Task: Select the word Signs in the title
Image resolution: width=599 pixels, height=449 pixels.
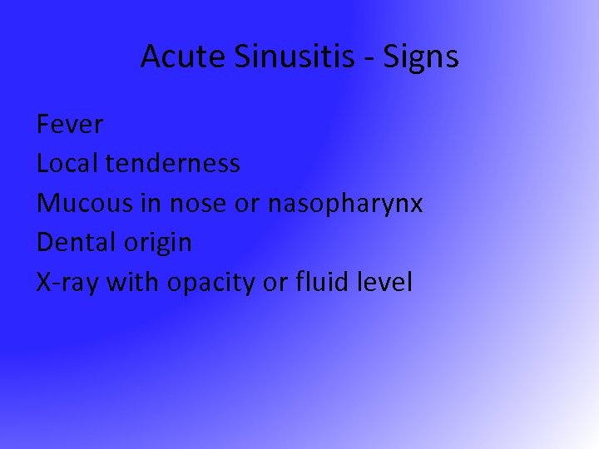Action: point(422,57)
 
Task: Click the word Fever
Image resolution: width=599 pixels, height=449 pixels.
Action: point(70,125)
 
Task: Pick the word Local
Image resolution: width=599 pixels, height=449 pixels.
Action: point(67,164)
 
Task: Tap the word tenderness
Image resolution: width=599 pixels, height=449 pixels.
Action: point(173,164)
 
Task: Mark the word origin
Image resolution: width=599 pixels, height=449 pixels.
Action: point(159,243)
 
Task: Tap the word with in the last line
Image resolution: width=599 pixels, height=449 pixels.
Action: point(136,283)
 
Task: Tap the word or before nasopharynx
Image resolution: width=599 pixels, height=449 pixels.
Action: point(248,204)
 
